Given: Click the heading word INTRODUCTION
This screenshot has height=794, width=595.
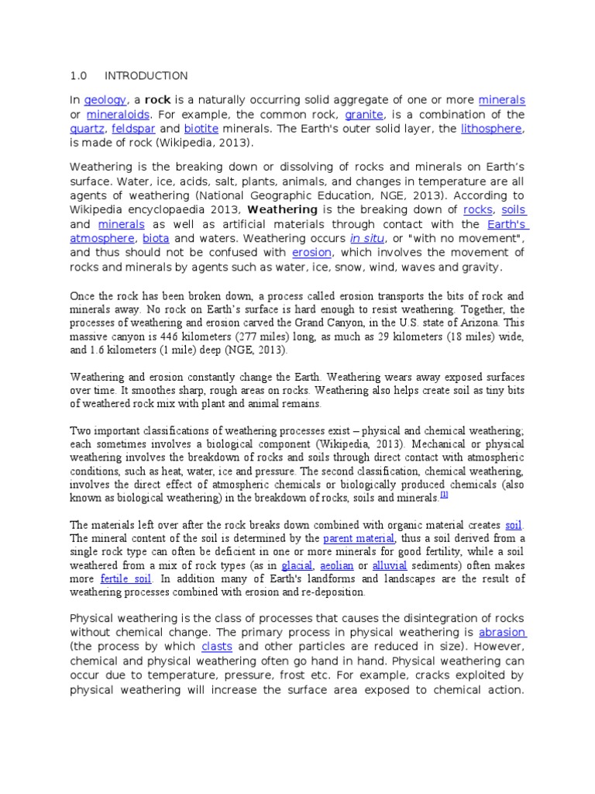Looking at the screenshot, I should (x=146, y=76).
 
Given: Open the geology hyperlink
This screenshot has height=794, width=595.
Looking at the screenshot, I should (x=105, y=101).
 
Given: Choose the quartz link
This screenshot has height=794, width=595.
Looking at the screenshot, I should (x=86, y=129).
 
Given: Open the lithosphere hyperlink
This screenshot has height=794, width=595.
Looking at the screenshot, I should (x=492, y=129).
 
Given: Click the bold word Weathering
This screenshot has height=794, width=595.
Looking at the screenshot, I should (x=282, y=210).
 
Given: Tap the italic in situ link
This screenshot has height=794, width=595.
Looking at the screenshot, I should (x=366, y=239).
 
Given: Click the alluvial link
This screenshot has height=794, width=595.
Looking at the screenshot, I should (x=389, y=566).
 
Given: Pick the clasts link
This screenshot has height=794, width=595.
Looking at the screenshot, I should (x=217, y=647).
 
